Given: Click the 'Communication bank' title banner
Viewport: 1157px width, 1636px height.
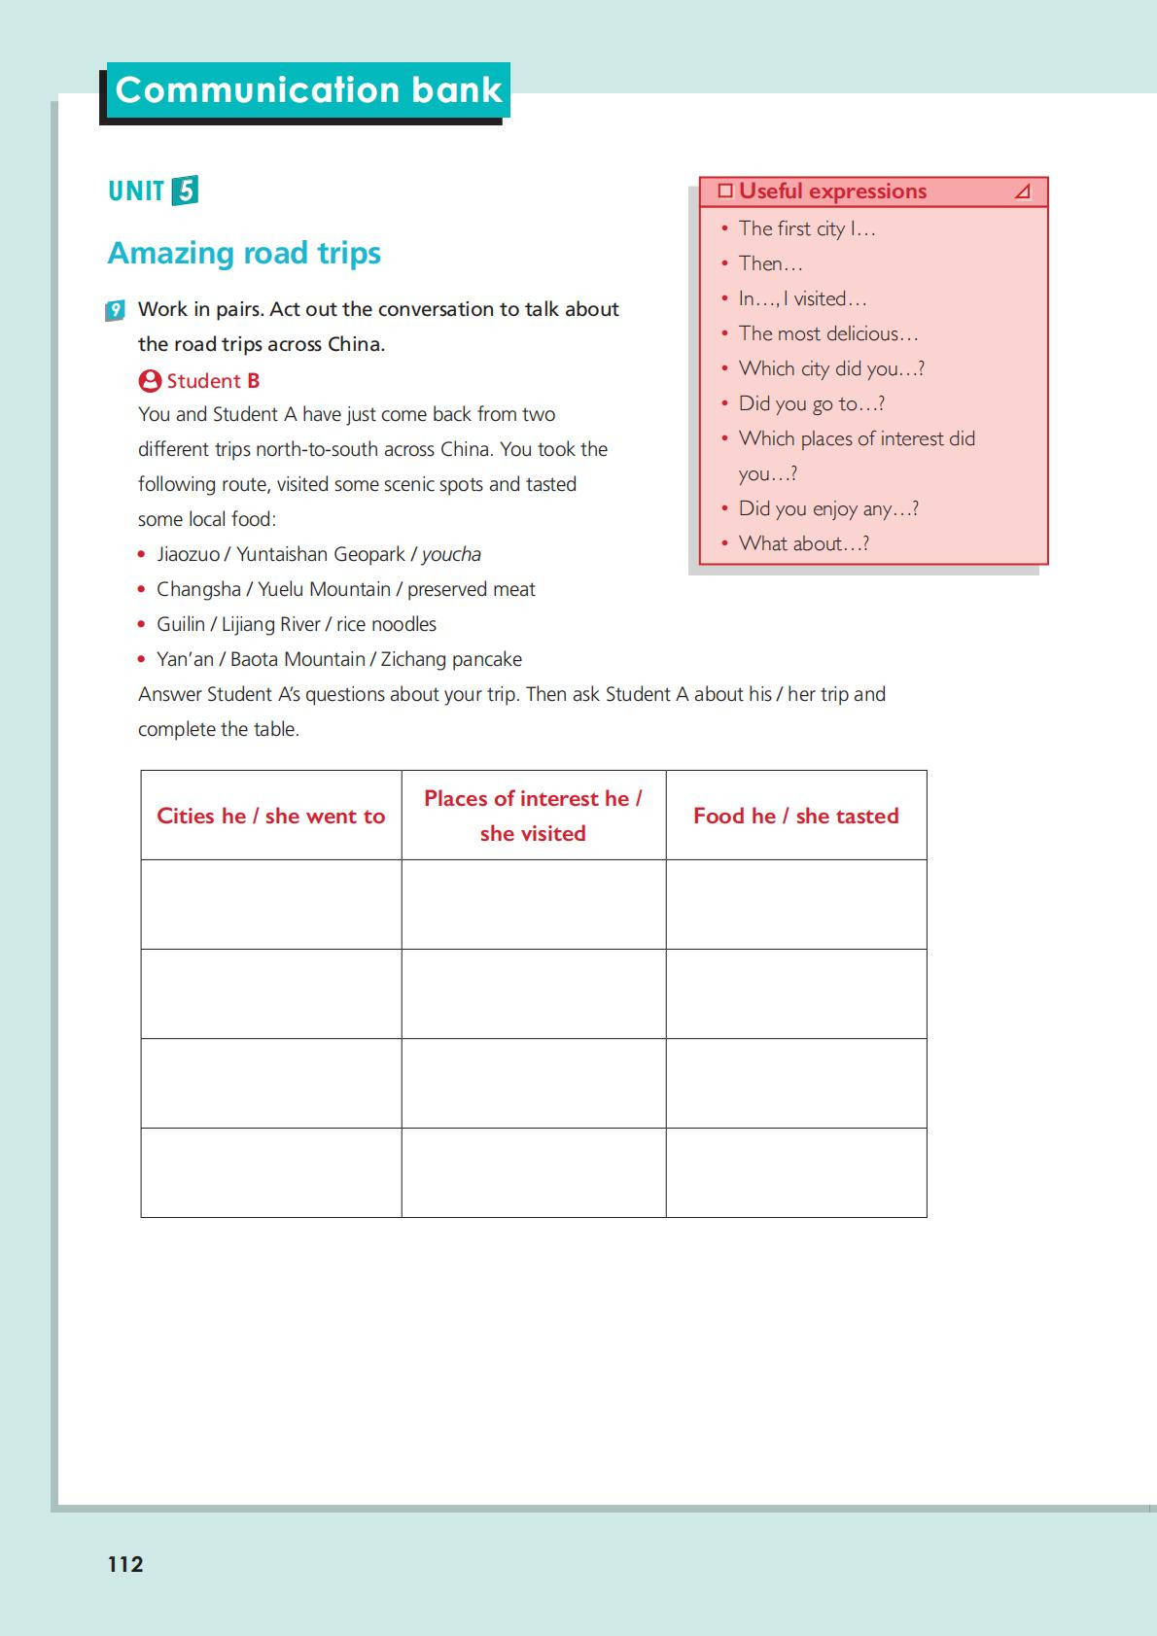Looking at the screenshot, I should pyautogui.click(x=307, y=90).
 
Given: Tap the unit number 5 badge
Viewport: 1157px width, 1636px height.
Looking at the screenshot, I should pyautogui.click(x=185, y=191).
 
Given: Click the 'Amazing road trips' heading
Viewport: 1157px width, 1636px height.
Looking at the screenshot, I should pyautogui.click(x=244, y=253).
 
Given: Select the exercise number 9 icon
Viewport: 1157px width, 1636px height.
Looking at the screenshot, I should pyautogui.click(x=116, y=311).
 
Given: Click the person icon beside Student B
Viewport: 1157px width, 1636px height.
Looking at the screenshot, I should pyautogui.click(x=150, y=380).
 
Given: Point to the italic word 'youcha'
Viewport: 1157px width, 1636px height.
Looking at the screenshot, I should pyautogui.click(x=451, y=554).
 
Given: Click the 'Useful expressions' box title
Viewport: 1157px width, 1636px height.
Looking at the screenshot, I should pyautogui.click(x=832, y=191).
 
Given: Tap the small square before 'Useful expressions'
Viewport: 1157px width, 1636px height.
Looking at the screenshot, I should pyautogui.click(x=724, y=191).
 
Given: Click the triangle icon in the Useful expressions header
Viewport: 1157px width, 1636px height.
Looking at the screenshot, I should pyautogui.click(x=1022, y=191).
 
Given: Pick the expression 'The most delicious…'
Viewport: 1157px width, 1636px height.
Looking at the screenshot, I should pyautogui.click(x=827, y=333).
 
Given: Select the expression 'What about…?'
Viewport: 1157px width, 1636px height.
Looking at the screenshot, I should pyautogui.click(x=803, y=543).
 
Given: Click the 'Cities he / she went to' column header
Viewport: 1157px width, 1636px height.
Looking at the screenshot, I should pyautogui.click(x=271, y=816).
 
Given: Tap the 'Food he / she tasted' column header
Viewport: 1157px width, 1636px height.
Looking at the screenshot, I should pyautogui.click(x=795, y=816).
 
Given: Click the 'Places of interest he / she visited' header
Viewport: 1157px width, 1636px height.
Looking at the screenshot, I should pyautogui.click(x=533, y=816).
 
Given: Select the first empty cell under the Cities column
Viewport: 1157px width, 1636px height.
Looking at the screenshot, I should pyautogui.click(x=271, y=904).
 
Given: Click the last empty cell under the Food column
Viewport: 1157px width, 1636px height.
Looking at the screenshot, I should pyautogui.click(x=795, y=1172).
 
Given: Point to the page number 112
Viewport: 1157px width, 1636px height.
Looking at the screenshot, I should pyautogui.click(x=125, y=1564).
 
